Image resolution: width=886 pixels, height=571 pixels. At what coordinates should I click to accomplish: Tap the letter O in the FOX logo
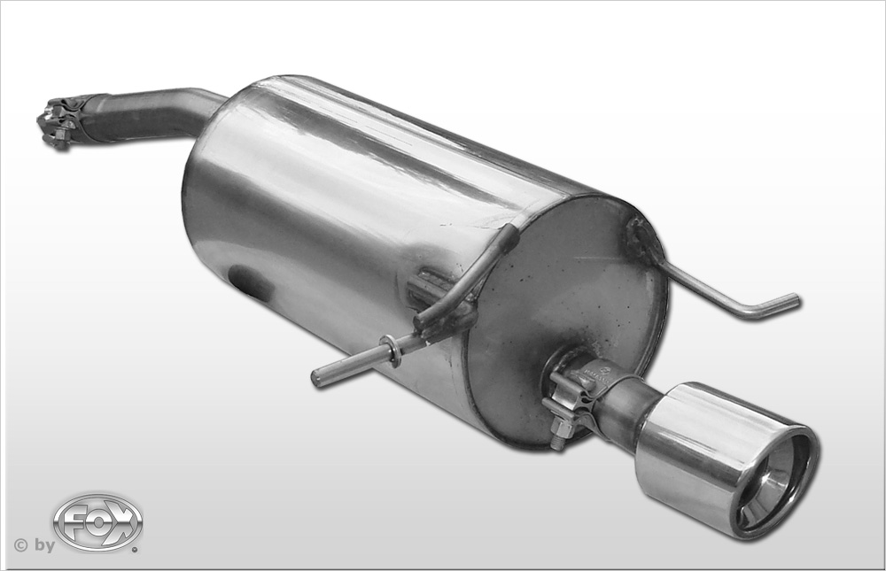pyautogui.click(x=98, y=522)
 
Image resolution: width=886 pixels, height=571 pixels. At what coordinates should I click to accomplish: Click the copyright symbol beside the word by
pyautogui.click(x=21, y=545)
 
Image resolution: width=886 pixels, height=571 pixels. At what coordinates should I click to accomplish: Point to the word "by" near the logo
pyautogui.click(x=44, y=545)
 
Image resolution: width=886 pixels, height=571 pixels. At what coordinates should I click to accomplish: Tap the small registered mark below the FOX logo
pyautogui.click(x=135, y=547)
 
